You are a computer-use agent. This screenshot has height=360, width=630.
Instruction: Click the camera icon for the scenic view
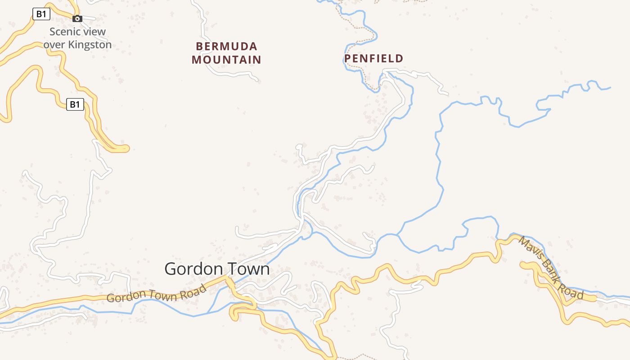[77, 18]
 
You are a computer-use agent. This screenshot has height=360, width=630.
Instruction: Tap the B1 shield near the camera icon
[41, 14]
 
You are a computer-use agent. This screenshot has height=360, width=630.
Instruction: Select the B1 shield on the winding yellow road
[75, 105]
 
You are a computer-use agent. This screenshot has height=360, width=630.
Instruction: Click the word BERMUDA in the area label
[226, 46]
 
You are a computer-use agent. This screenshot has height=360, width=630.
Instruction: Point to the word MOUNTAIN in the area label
[226, 59]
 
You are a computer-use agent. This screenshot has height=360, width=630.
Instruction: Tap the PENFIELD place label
[373, 58]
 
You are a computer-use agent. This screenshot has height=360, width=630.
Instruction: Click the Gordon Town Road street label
[156, 293]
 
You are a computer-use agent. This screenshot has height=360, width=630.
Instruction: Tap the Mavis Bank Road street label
[551, 268]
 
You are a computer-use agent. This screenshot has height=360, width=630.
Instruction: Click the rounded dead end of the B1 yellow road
[126, 148]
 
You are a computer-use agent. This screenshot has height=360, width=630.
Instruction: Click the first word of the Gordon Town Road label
[126, 296]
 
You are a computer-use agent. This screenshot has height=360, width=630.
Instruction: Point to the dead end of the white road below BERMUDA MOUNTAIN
[257, 81]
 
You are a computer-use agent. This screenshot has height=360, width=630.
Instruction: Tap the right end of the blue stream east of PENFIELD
[610, 87]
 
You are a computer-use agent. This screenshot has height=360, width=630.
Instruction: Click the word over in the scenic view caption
[55, 45]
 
